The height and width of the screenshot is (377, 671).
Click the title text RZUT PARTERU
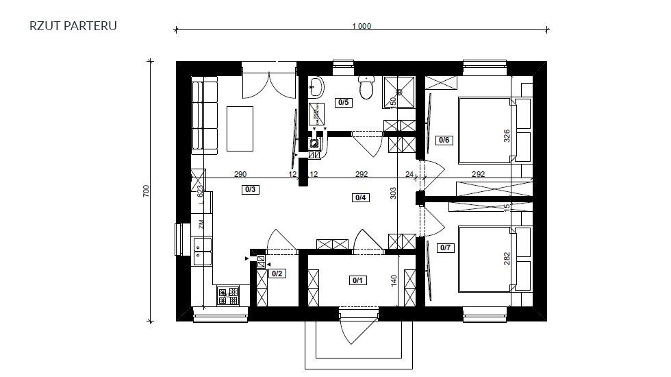point(73,26)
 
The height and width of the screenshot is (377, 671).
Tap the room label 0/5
point(343,103)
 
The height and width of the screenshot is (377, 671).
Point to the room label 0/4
point(361,198)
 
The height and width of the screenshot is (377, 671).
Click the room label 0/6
point(444,140)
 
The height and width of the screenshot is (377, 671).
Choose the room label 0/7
point(444,247)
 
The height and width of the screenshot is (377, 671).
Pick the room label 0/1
point(358,280)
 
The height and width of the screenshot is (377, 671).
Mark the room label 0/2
point(277,273)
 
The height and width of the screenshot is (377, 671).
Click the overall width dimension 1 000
point(361,27)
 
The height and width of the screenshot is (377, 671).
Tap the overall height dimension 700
point(147,191)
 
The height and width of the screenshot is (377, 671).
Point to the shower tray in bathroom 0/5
point(399,91)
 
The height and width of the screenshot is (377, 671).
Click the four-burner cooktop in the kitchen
point(228,295)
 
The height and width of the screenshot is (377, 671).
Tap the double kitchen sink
point(203,250)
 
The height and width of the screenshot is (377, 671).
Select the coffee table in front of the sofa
point(240,128)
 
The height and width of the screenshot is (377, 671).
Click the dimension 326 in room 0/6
point(507,135)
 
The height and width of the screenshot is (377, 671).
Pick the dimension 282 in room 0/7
point(507,259)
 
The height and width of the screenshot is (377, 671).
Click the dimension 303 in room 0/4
point(393,194)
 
